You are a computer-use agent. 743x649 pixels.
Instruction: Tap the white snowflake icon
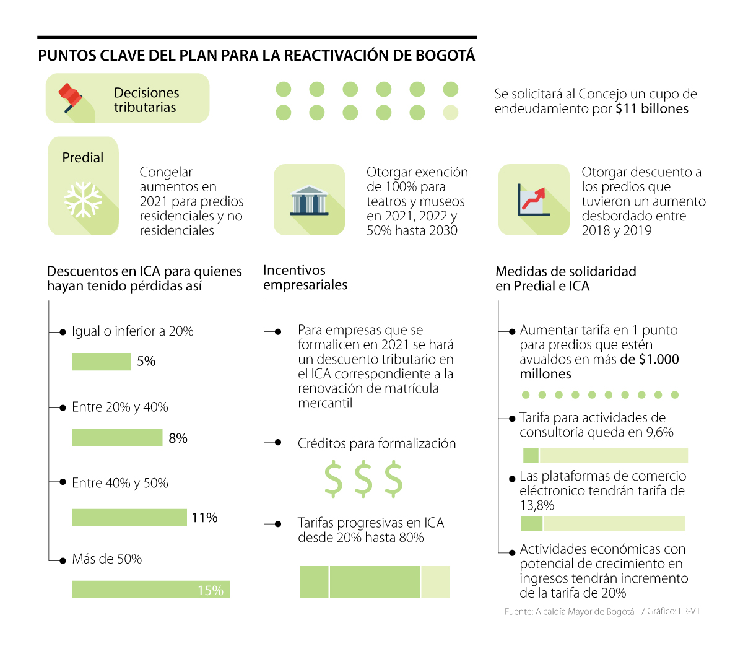coord(83,199)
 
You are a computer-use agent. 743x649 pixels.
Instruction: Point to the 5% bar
coord(102,362)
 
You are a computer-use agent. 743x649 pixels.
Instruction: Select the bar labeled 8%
coord(117,438)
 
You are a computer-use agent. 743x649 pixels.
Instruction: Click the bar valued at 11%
coord(129,517)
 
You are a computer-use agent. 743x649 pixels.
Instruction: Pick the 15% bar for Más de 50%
coord(150,590)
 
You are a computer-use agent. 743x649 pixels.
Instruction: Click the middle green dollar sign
coord(363,479)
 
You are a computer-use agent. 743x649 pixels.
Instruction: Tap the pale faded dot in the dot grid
coord(451,112)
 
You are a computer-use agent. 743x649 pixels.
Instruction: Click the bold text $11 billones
coord(652,109)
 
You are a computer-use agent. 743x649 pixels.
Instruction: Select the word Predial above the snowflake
coord(83,158)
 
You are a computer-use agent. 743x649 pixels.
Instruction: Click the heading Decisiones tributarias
coord(146,100)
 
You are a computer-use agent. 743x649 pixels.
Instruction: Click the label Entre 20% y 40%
coord(120,407)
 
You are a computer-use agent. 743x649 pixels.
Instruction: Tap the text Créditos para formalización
coord(376,443)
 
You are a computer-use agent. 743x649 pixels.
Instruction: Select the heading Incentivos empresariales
coord(305,277)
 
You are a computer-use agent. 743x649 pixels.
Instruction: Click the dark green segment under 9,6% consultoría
coord(531,455)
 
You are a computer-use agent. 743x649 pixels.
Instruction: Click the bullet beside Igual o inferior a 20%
coord(63,332)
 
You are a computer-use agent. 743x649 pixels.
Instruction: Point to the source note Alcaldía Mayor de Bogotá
coord(569,612)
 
